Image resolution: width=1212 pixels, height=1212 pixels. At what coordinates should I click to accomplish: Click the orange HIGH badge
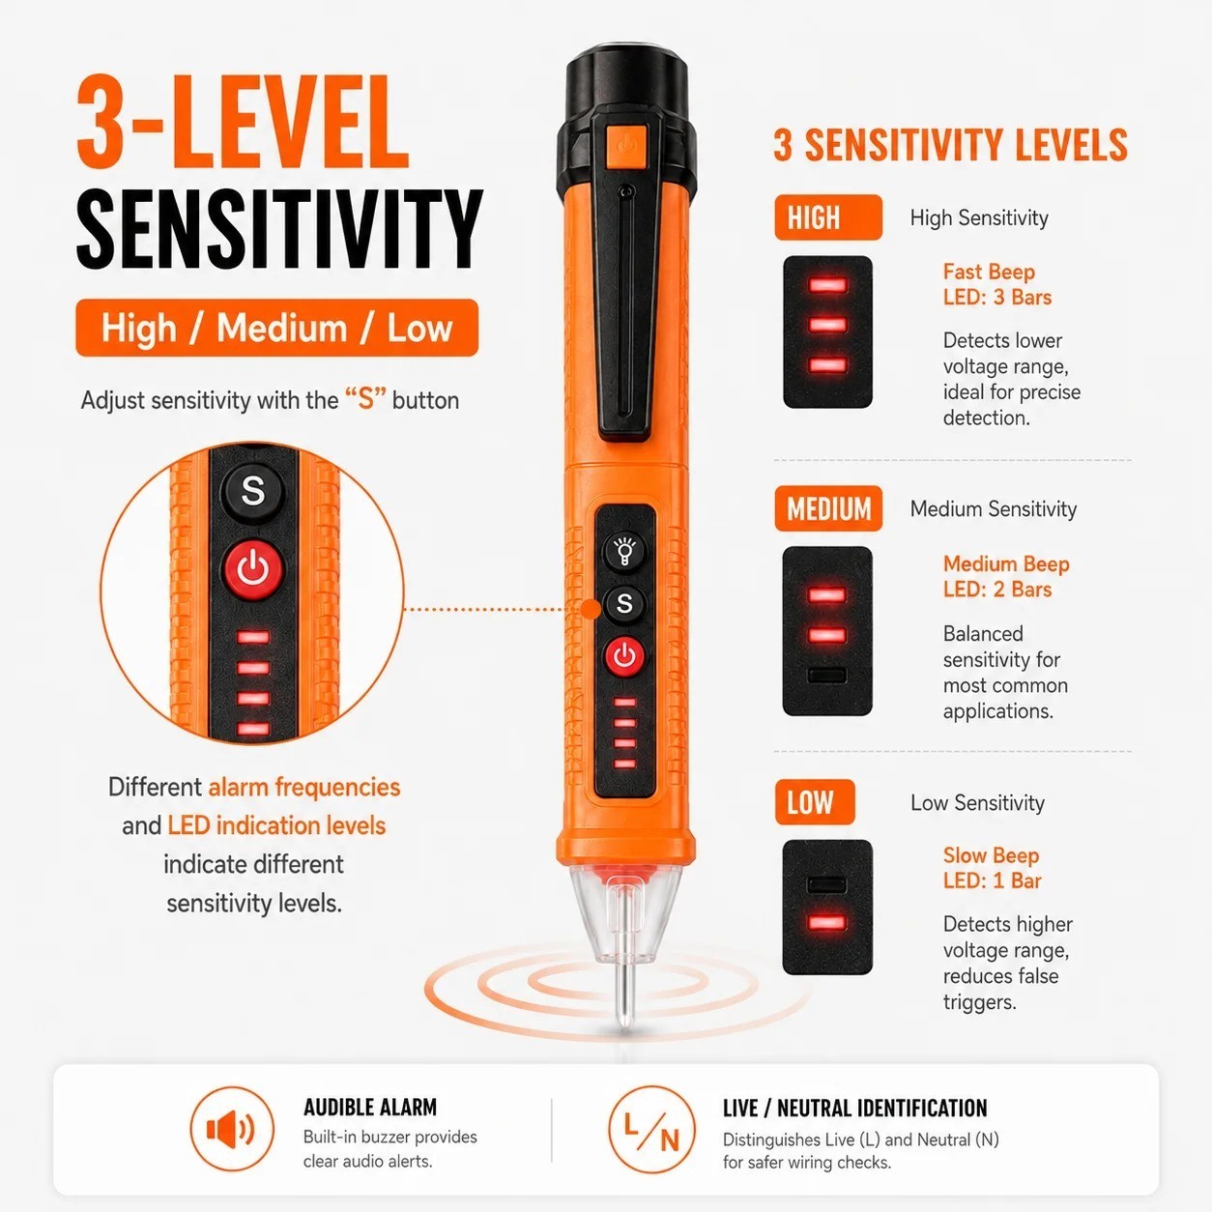827,217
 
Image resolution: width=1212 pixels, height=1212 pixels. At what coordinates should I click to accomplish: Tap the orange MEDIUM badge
827,508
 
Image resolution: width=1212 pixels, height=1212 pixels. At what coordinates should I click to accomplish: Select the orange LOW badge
815,802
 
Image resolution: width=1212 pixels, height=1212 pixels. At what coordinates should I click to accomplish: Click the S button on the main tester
624,603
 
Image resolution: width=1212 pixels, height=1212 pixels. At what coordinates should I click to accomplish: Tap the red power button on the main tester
624,656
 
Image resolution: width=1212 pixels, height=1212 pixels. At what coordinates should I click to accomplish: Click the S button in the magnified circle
253,490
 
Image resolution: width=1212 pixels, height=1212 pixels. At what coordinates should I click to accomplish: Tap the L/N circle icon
651,1130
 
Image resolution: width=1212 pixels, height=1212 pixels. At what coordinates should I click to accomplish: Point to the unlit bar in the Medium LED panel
826,676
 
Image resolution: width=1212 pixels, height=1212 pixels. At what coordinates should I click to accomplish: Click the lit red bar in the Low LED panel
827,923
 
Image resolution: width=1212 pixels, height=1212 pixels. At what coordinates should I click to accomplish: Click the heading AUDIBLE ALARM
370,1108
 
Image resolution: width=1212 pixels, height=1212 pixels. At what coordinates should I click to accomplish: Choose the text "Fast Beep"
989,272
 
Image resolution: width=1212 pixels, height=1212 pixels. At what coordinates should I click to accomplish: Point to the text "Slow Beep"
991,855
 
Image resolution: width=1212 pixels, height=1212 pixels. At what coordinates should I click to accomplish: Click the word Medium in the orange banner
282,328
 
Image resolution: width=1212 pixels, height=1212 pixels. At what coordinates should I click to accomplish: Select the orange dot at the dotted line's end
591,609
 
